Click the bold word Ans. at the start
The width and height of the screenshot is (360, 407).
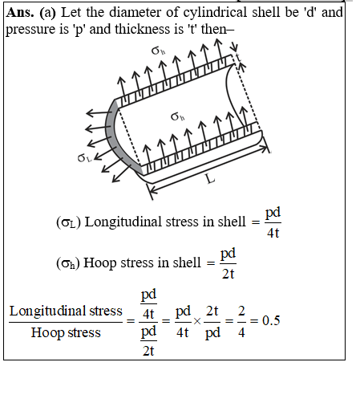point(20,13)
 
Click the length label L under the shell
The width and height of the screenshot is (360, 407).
point(211,179)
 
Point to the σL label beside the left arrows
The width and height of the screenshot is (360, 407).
point(84,158)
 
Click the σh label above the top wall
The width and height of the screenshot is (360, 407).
point(158,51)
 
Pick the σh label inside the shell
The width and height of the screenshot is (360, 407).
point(177,116)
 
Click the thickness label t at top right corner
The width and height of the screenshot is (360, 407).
point(238,57)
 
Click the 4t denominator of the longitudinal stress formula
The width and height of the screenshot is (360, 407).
point(273,233)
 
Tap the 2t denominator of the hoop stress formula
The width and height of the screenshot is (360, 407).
point(228,274)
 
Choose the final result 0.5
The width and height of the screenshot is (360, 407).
point(271,320)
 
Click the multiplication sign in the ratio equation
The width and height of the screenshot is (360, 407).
point(197,321)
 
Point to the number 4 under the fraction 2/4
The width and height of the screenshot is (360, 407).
point(241,332)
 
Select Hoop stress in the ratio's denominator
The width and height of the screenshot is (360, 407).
point(66,333)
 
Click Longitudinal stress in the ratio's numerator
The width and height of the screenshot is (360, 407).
point(66,311)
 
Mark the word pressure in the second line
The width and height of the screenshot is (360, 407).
point(30,30)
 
